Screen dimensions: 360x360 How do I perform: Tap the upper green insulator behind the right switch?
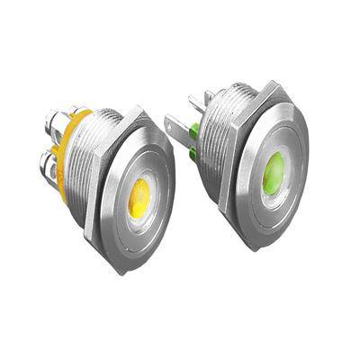pyautogui.click(x=193, y=132)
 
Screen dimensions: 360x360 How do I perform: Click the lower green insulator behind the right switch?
pyautogui.click(x=193, y=154)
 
